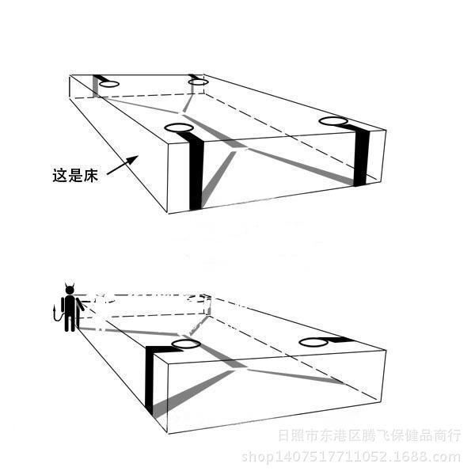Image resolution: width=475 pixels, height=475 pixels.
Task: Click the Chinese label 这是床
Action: (x=74, y=176)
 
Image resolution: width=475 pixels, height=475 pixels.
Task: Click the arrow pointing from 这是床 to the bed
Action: (x=121, y=165)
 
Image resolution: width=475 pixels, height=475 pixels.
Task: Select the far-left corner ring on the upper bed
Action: (x=108, y=83)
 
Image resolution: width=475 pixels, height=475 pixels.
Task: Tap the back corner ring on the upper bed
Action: (x=197, y=81)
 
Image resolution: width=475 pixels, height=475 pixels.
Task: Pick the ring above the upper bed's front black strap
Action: (x=178, y=127)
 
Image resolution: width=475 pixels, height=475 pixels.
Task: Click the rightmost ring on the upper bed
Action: (x=333, y=121)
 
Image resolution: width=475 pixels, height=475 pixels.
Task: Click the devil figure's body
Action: (x=71, y=309)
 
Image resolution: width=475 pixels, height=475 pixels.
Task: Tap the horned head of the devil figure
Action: (x=70, y=289)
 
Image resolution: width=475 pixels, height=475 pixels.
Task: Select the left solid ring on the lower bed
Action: (x=185, y=344)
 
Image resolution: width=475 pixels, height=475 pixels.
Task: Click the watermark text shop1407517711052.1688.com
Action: (x=350, y=457)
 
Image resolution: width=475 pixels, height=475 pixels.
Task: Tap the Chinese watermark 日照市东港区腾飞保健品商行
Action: (x=368, y=435)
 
